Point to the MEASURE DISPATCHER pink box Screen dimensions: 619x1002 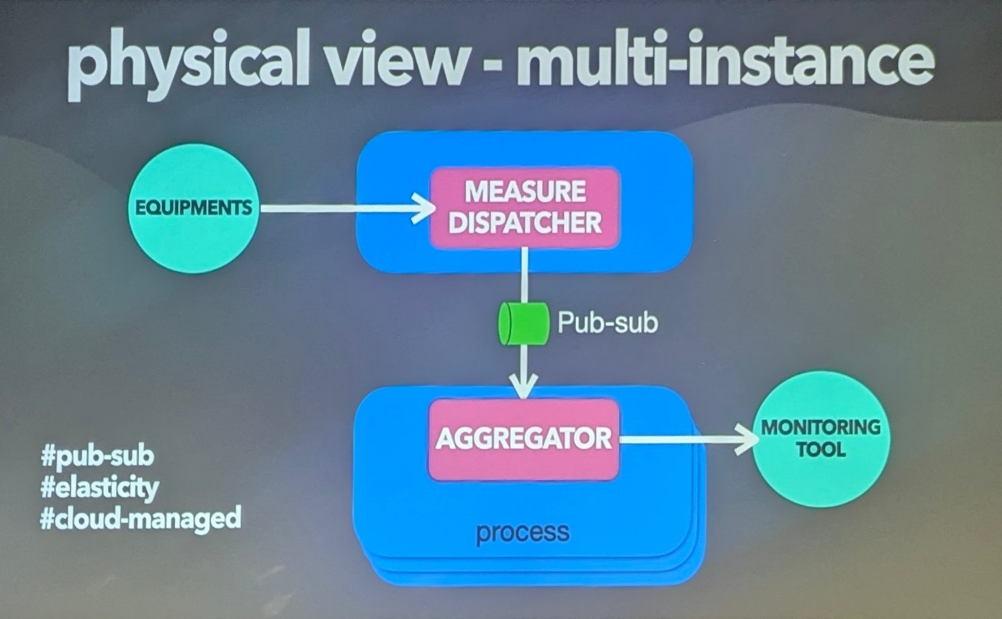(x=525, y=208)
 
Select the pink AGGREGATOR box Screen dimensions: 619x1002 (x=524, y=439)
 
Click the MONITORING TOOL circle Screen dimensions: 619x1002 (x=821, y=439)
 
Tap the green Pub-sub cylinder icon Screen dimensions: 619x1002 (x=523, y=323)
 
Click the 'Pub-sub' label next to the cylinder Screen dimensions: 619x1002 (x=607, y=323)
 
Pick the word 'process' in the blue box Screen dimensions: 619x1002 (x=523, y=532)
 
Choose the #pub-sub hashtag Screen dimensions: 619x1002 (x=97, y=456)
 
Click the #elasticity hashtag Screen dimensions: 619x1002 (x=100, y=488)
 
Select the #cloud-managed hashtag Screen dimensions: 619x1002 (x=140, y=519)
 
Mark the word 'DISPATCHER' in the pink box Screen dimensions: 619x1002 (x=525, y=223)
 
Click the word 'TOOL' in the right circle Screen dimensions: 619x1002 (x=820, y=451)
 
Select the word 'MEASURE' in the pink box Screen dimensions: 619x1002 (x=525, y=191)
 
